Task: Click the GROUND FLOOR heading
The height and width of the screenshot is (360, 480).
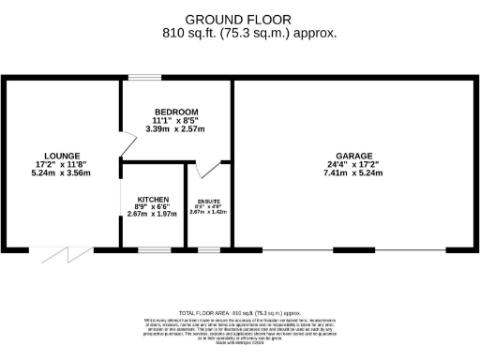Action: [x=238, y=19]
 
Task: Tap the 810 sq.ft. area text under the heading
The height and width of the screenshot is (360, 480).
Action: [x=249, y=33]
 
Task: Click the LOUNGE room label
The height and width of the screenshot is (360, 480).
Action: [x=61, y=155]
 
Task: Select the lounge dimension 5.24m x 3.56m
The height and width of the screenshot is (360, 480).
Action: [x=61, y=173]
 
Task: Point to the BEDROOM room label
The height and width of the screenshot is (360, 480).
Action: [x=176, y=112]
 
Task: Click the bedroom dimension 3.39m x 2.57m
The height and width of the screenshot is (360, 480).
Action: [x=176, y=128]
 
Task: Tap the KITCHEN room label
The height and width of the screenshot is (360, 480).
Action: [x=152, y=200]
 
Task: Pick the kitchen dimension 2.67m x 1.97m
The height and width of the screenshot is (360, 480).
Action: [x=152, y=214]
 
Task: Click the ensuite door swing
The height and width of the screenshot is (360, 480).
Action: [x=206, y=170]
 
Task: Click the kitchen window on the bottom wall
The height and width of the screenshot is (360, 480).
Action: [x=153, y=249]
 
